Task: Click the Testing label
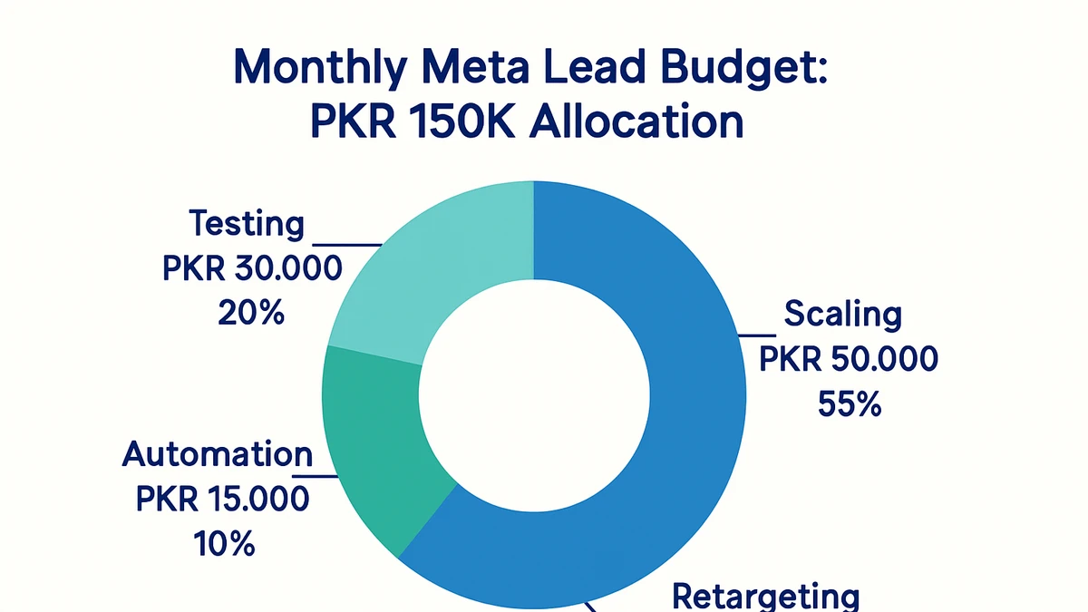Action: click(246, 223)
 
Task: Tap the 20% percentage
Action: click(251, 313)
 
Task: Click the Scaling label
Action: click(842, 315)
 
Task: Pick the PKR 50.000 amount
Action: click(848, 360)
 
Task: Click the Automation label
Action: click(218, 454)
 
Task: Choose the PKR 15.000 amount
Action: click(222, 499)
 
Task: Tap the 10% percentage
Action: click(223, 544)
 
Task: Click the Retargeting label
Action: click(765, 597)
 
